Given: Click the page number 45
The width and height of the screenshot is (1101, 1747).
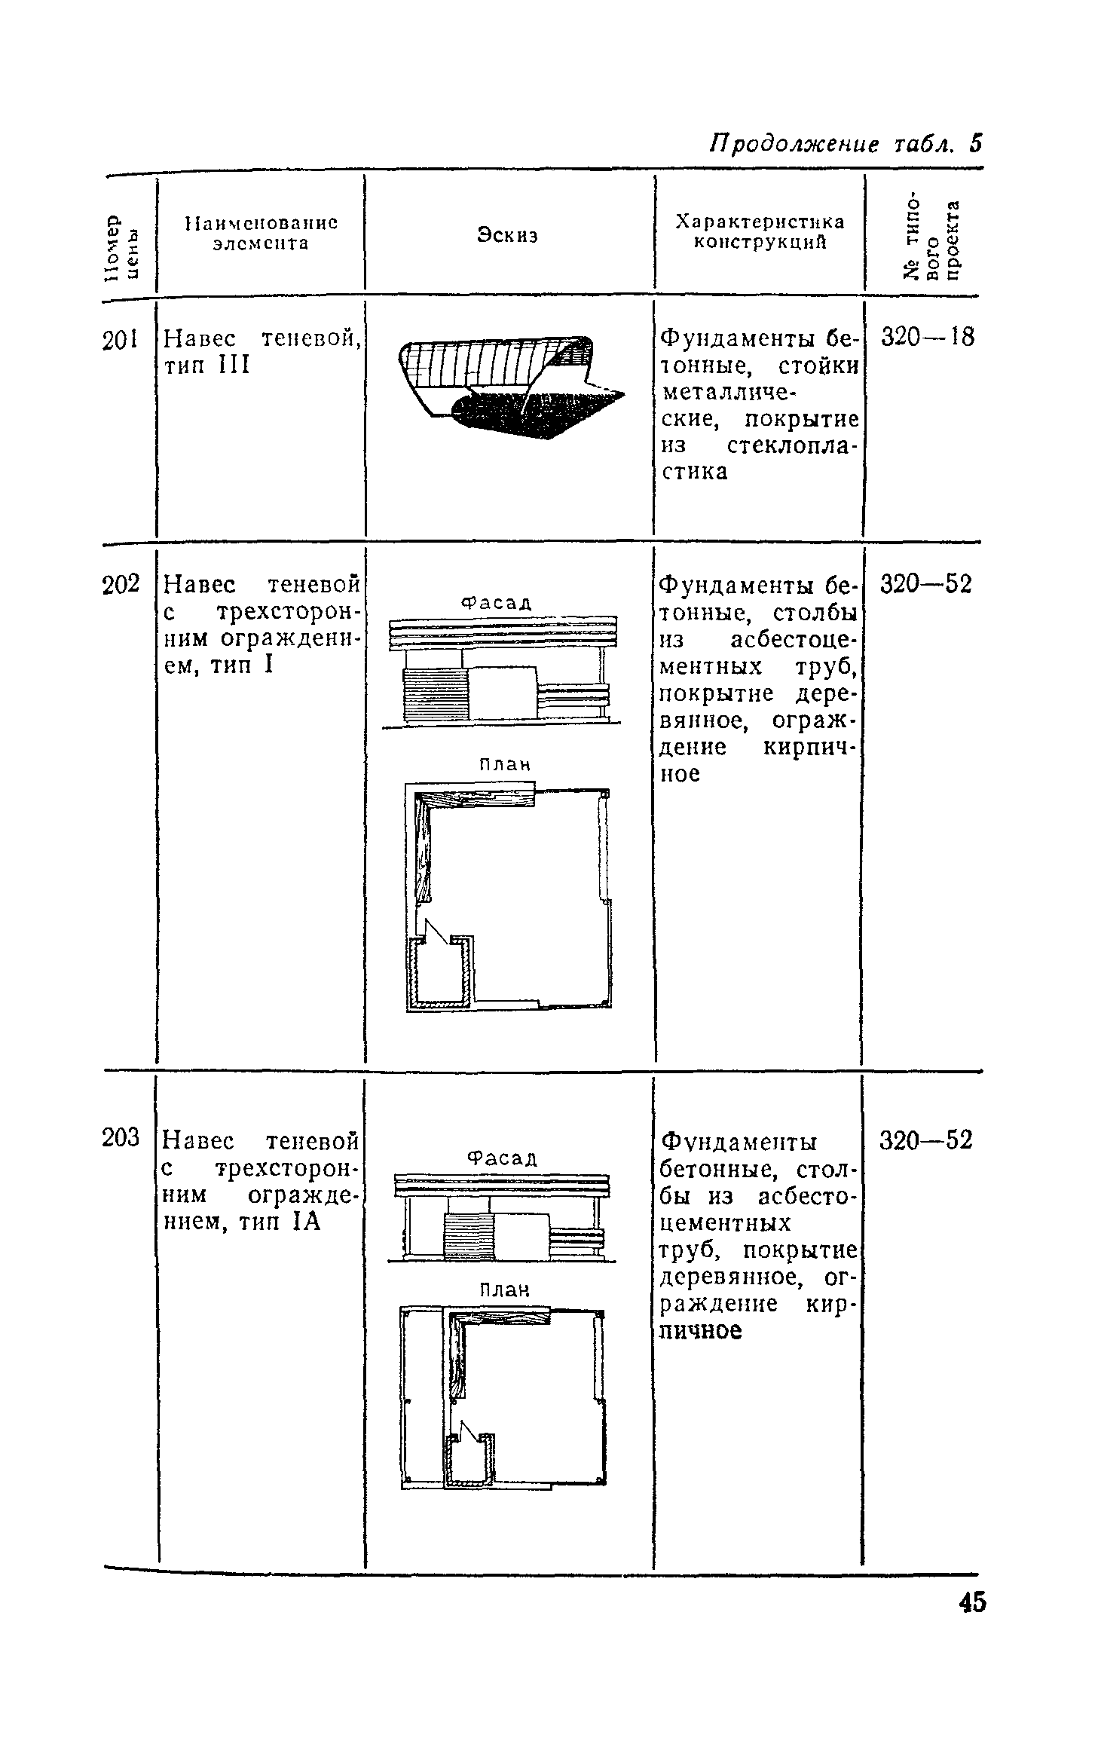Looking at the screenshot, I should pos(971,1622).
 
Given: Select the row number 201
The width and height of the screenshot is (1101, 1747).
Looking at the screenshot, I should pos(120,340).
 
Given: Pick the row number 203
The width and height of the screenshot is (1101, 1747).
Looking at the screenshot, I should pos(121,1137).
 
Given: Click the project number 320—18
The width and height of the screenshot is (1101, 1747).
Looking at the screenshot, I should pos(927,337).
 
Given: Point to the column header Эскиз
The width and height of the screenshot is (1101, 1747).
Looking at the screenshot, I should pos(508,235).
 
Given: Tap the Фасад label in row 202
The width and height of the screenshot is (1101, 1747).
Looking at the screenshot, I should pos(496,602).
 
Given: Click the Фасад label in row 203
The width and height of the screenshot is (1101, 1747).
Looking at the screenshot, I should pos(502,1157).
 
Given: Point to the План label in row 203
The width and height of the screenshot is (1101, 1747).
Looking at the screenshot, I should pos(505,1290).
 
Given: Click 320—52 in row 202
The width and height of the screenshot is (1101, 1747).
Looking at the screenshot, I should pos(926,584).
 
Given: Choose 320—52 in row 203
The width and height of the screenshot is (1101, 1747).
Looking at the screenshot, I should pos(926,1140).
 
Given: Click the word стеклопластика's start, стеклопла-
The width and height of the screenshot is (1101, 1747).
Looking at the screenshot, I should pos(793,445).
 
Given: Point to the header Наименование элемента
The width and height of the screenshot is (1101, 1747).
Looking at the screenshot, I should pos(261,233).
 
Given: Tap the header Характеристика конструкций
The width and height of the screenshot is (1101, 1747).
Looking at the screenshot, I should pos(759,232).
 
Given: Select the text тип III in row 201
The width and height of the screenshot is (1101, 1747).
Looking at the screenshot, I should pos(206,366).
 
